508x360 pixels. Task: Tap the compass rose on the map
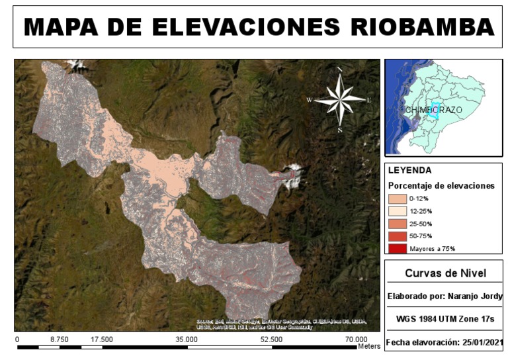click(x=339, y=100)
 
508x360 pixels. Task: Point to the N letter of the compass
click(x=339, y=69)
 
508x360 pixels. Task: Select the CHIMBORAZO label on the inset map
click(x=434, y=110)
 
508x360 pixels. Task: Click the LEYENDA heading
click(x=410, y=170)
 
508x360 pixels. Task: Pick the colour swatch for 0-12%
click(x=398, y=198)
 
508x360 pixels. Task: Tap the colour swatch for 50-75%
click(x=398, y=236)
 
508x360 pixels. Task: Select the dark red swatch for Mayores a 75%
click(x=398, y=248)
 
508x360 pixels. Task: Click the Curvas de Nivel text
click(x=445, y=273)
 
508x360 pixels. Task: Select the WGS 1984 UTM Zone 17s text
click(x=445, y=319)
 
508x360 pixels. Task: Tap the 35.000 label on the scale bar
click(x=187, y=339)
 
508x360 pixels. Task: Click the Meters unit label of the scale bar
click(x=369, y=346)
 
